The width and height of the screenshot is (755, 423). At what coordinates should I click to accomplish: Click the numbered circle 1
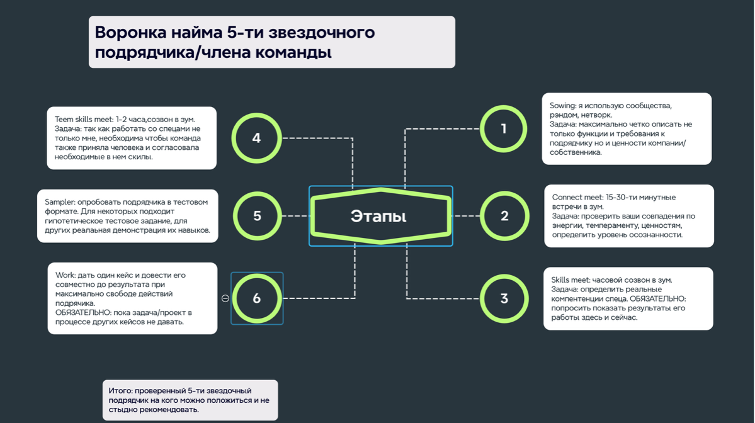coord(504,128)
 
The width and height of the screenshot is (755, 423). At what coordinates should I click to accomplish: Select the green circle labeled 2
coord(504,216)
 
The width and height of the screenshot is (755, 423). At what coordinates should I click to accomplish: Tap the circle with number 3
coord(504,298)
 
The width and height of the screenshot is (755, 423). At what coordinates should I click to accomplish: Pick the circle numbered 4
coord(256,138)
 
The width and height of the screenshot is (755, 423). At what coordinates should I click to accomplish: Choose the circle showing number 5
coord(257,216)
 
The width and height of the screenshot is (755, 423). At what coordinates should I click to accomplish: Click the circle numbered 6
coord(256,298)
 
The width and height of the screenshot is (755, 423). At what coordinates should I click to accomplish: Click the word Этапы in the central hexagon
coord(378,217)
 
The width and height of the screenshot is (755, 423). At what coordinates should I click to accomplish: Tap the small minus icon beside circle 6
coord(225,298)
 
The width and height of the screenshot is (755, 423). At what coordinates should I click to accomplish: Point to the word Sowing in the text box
coord(562,106)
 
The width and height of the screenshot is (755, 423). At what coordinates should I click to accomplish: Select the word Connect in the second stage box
coord(566,197)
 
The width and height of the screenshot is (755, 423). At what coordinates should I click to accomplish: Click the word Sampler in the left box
coord(59,201)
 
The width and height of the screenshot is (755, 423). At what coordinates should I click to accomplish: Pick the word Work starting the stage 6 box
coord(65,275)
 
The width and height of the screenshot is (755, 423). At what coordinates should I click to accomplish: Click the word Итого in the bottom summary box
coord(119,391)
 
